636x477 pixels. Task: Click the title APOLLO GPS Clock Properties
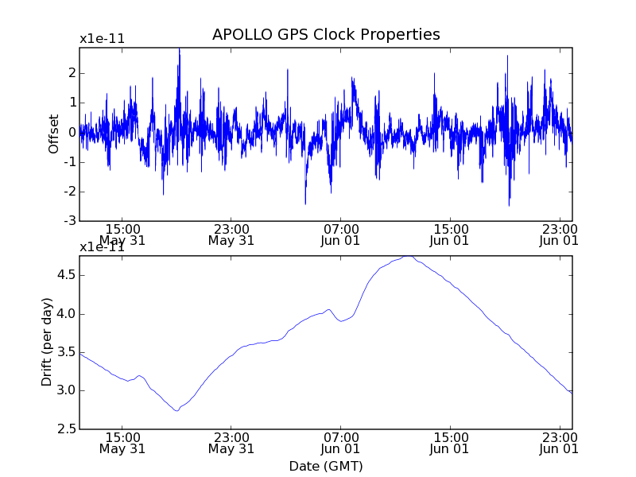click(x=326, y=35)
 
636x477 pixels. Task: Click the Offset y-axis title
click(x=54, y=134)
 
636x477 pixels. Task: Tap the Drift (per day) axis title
click(x=48, y=342)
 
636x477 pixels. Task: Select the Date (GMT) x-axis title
click(x=326, y=465)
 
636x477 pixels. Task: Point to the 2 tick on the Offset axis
click(x=72, y=73)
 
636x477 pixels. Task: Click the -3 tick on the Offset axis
click(x=70, y=221)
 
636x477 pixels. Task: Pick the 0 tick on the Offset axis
click(x=72, y=132)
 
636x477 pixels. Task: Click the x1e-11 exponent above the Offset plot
click(x=102, y=39)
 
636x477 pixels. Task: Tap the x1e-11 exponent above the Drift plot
click(x=102, y=247)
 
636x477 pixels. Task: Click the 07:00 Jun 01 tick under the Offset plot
click(x=341, y=234)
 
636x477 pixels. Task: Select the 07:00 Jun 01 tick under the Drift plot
click(x=341, y=442)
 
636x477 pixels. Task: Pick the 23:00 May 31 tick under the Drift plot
click(x=231, y=442)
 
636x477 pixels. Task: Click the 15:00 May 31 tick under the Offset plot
click(x=122, y=234)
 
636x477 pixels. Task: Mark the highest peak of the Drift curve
click(x=408, y=256)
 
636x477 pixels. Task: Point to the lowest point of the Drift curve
click(x=176, y=410)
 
